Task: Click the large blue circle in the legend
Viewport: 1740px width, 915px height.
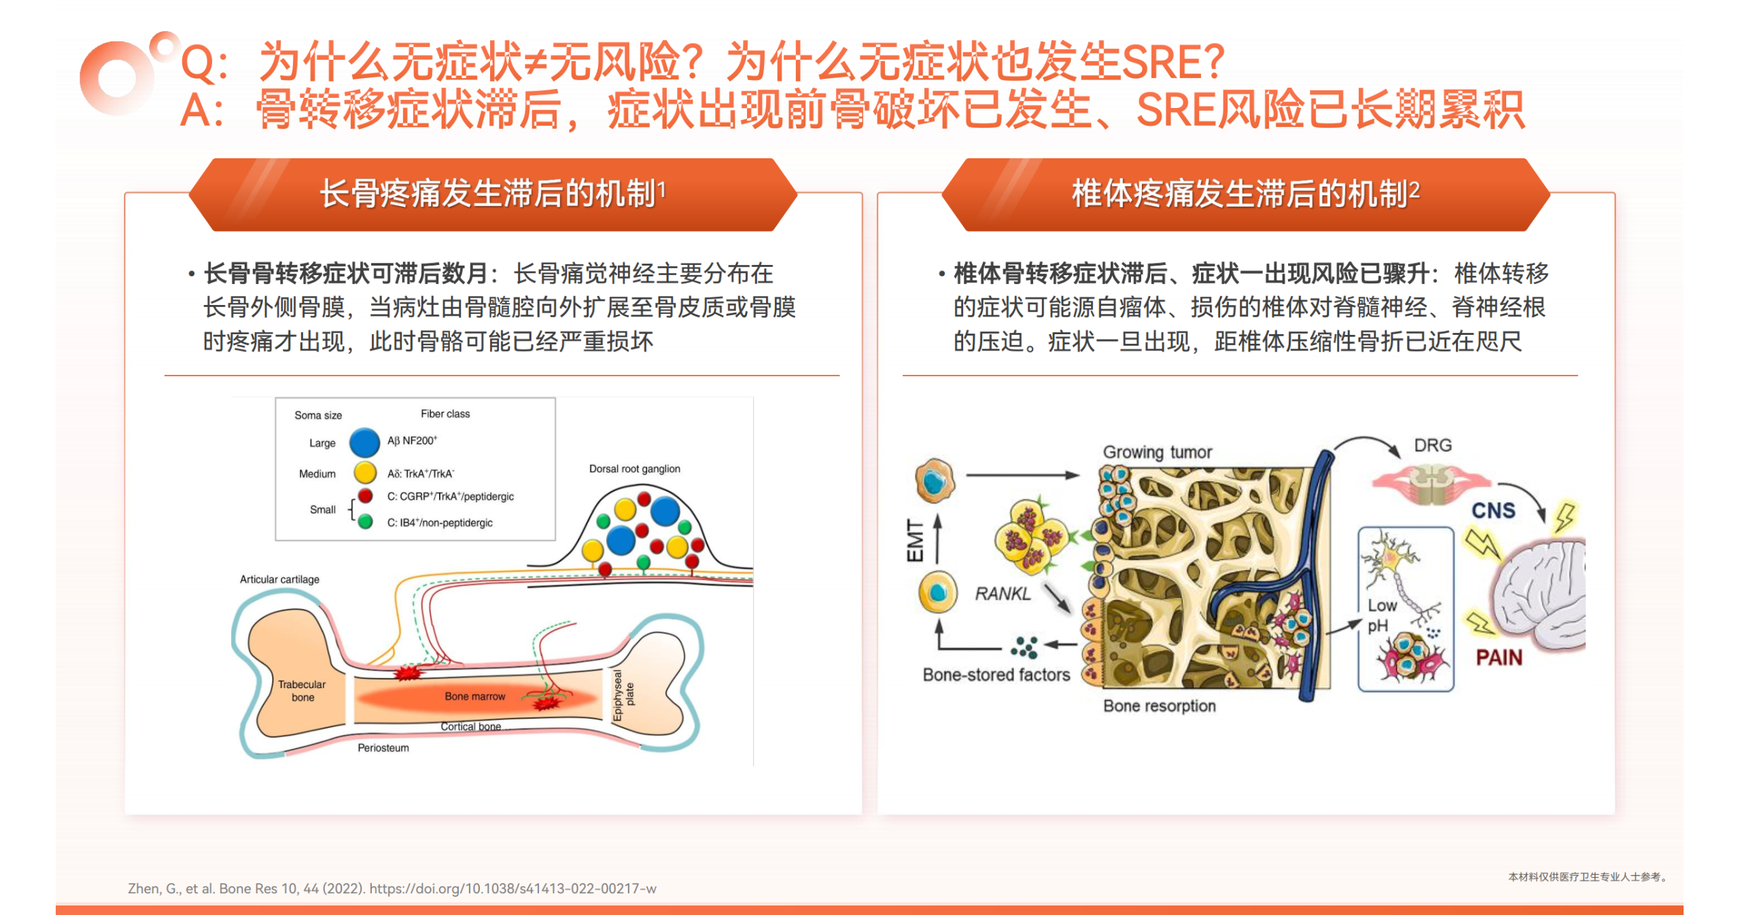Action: click(364, 442)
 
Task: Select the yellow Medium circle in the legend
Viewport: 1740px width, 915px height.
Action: click(365, 472)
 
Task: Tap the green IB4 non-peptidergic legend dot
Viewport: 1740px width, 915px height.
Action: click(365, 522)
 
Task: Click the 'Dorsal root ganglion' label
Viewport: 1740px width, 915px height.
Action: click(634, 469)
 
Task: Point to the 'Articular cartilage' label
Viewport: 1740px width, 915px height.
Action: click(279, 579)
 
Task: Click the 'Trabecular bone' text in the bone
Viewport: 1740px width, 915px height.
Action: click(302, 691)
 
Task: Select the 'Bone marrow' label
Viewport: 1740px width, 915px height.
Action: click(475, 696)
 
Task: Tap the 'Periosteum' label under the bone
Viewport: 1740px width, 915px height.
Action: click(383, 748)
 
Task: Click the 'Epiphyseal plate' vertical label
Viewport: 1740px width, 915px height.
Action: click(623, 695)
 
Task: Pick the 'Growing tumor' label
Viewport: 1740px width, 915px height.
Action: click(1157, 452)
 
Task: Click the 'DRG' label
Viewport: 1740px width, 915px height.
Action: click(1433, 446)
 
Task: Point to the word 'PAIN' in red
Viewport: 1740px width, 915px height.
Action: click(1499, 658)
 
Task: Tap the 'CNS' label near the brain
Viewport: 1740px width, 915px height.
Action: click(1493, 511)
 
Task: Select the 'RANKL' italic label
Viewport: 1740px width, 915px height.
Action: click(1003, 594)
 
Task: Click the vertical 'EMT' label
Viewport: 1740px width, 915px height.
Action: click(915, 541)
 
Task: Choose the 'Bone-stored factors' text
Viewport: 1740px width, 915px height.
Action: click(996, 675)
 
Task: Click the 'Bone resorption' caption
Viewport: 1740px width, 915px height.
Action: click(1159, 706)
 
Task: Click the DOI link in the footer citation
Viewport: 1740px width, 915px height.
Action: click(512, 889)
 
